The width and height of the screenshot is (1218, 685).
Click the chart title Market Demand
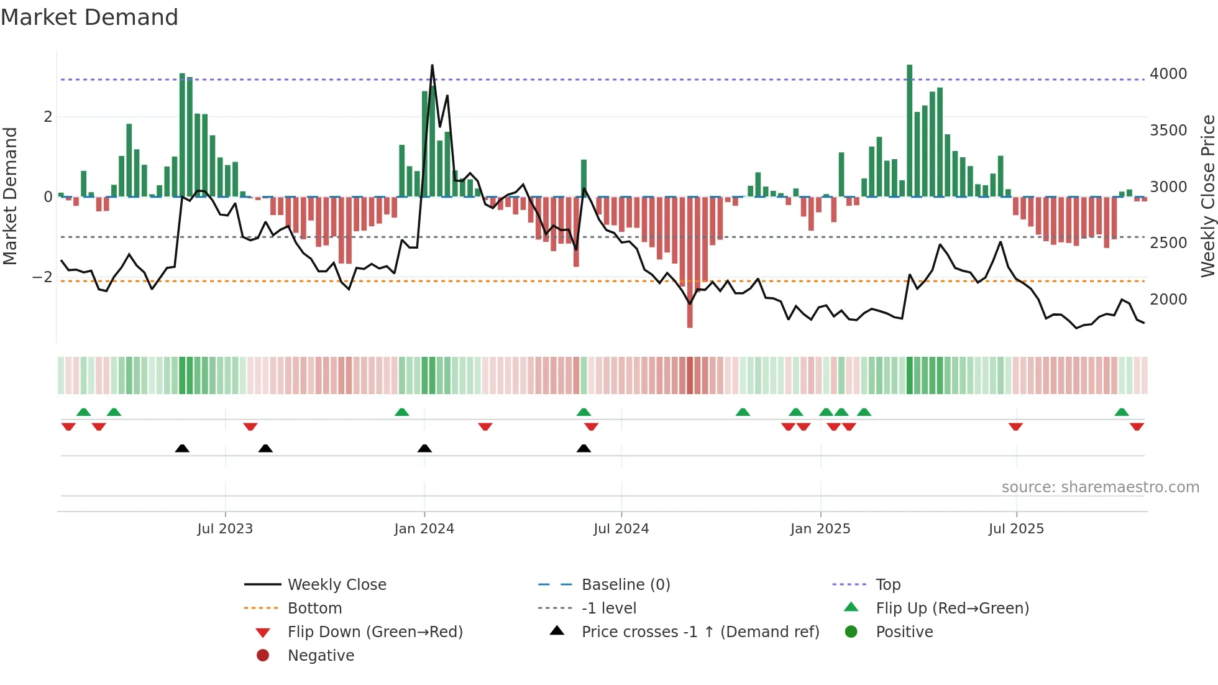pos(89,17)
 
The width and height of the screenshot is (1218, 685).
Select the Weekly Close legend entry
pos(336,584)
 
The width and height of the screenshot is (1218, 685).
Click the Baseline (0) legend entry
pos(625,584)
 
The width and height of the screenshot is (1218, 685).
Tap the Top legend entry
pos(887,584)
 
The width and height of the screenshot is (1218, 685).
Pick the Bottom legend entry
pos(314,608)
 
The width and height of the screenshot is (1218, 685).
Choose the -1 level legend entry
pos(608,608)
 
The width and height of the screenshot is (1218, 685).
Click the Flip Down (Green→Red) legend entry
pos(375,632)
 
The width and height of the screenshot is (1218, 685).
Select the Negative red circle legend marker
pos(263,655)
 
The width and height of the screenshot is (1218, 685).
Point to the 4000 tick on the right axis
pos(1168,73)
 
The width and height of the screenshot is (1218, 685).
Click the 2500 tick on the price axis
pos(1168,242)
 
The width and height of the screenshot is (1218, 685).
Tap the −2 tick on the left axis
pos(42,277)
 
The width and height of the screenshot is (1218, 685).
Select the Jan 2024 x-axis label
pos(424,528)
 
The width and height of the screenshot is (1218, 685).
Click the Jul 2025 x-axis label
pos(1016,528)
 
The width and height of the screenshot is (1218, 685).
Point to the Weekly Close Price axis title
pos(1207,196)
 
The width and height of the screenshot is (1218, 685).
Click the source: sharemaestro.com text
pos(1100,487)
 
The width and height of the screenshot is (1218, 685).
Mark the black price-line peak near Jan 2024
pos(433,65)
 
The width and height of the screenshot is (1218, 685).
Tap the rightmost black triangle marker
pos(584,448)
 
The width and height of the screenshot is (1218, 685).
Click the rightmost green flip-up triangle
pos(1122,412)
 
